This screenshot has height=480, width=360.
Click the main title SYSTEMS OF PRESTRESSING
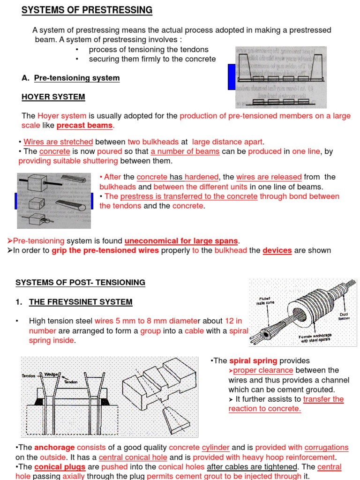pyautogui.click(x=87, y=10)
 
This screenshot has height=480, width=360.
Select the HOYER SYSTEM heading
pyautogui.click(x=53, y=97)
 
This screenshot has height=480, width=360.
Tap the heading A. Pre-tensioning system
pyautogui.click(x=71, y=78)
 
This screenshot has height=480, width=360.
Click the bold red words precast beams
pyautogui.click(x=84, y=126)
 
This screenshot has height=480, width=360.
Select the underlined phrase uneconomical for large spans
pyautogui.click(x=181, y=241)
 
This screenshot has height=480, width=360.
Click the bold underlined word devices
pyautogui.click(x=277, y=250)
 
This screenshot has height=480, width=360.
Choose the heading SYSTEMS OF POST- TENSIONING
pyautogui.click(x=80, y=283)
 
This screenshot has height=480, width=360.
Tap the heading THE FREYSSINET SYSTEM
pyautogui.click(x=81, y=302)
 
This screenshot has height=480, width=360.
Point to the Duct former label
pyautogui.click(x=344, y=316)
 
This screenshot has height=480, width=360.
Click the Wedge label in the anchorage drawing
pyautogui.click(x=50, y=375)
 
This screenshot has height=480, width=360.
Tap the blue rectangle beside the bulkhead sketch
pyautogui.click(x=231, y=77)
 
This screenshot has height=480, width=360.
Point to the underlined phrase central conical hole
pyautogui.click(x=133, y=457)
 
